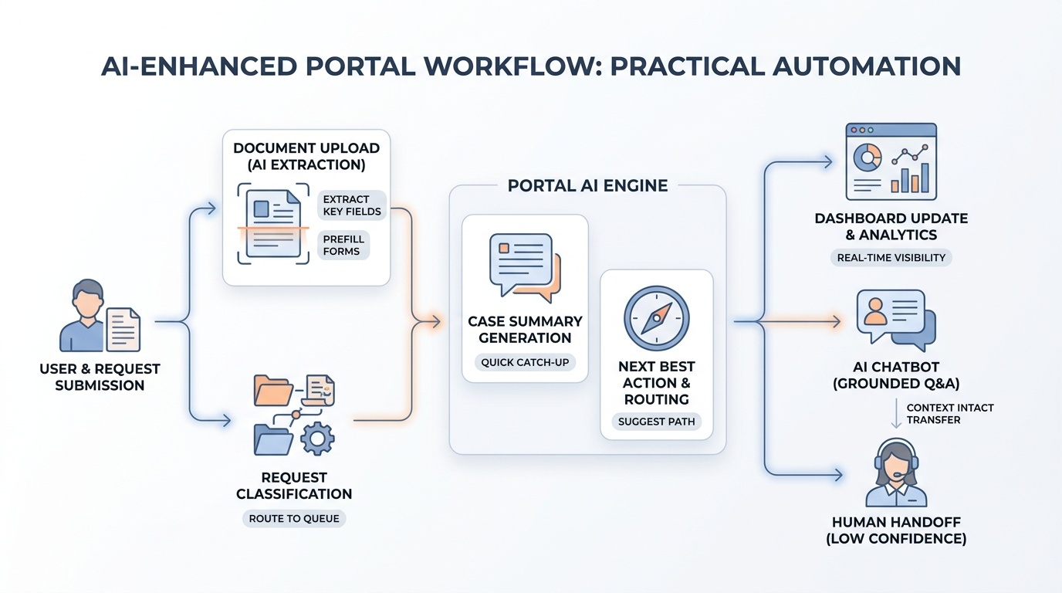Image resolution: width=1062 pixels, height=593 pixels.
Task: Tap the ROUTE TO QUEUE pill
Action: tap(293, 518)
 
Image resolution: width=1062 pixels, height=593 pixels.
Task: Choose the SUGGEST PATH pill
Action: tap(656, 422)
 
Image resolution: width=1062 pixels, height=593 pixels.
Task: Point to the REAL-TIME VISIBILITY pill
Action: tap(891, 258)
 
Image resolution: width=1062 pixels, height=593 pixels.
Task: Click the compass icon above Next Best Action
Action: tap(656, 319)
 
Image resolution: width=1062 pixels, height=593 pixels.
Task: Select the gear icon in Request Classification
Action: tap(316, 439)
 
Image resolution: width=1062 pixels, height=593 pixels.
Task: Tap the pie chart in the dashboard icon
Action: tap(868, 158)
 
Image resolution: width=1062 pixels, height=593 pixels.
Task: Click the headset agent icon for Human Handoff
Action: tap(895, 473)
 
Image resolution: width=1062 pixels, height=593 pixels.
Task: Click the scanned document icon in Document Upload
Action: tap(272, 224)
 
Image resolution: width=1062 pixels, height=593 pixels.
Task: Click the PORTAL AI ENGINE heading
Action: tap(587, 186)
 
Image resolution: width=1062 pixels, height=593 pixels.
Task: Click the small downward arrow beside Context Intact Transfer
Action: tap(896, 414)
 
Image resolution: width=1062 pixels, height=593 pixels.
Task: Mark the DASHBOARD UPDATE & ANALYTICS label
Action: tap(891, 226)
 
